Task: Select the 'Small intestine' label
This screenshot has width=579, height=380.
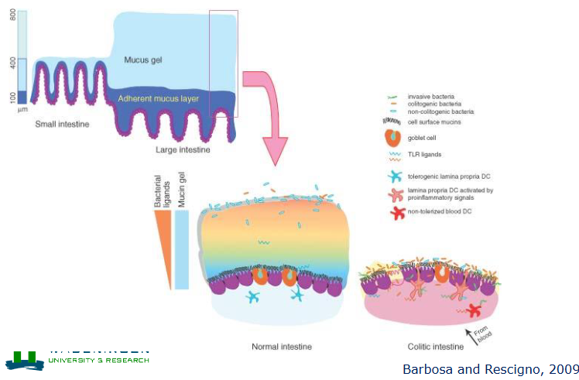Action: (62, 124)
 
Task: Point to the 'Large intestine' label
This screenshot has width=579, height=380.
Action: (183, 149)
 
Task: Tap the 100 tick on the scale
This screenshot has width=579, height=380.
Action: (11, 97)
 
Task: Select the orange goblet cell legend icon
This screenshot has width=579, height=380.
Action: (394, 138)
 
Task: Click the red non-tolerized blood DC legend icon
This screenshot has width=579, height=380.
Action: (396, 214)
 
